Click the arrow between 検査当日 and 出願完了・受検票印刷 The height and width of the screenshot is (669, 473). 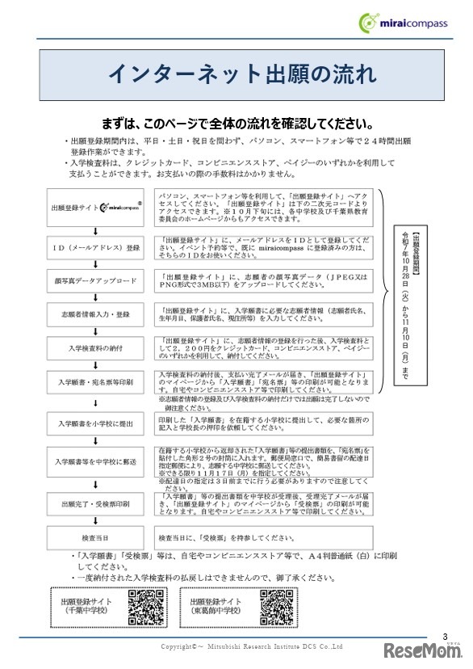[x=94, y=521]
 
